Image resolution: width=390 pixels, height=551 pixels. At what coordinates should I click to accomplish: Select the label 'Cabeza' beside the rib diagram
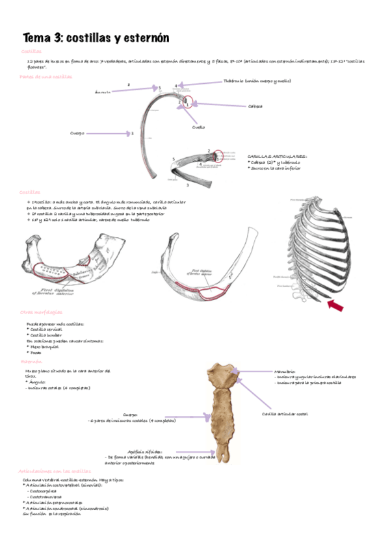255,106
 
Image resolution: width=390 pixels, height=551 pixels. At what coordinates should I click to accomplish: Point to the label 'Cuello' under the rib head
198,127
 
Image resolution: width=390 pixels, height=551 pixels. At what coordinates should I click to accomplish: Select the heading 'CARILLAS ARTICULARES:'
278,157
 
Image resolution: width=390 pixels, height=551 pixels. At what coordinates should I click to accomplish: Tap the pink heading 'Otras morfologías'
41,313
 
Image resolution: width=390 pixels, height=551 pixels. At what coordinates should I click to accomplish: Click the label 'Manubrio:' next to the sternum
285,371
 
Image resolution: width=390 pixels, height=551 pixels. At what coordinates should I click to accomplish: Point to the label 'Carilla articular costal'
285,414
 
